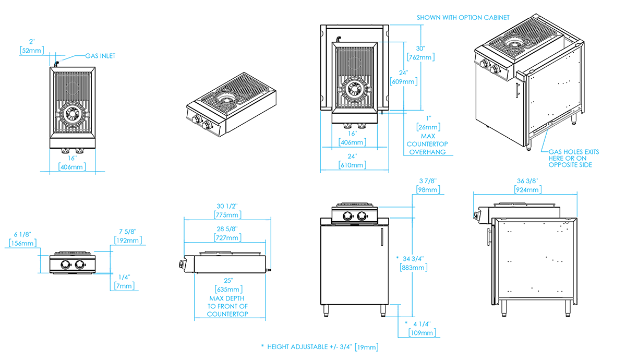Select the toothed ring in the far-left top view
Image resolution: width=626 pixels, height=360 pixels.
(x=71, y=113)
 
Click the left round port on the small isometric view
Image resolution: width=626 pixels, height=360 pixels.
(x=199, y=119)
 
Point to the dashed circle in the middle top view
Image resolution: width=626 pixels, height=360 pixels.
(x=355, y=63)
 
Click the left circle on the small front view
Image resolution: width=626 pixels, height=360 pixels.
(x=66, y=263)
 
